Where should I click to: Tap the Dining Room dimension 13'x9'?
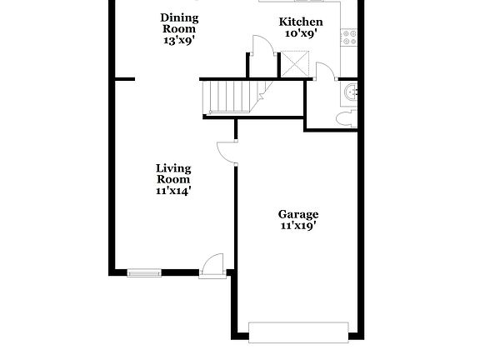[179, 39]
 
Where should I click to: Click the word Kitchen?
[300, 22]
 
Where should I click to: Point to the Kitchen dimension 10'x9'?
[300, 34]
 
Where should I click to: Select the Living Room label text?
[173, 173]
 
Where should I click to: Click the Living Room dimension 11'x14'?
[173, 190]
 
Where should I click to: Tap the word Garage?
[298, 214]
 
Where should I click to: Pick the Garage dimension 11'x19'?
[298, 226]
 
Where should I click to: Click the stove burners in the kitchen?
[349, 37]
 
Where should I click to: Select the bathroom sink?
[352, 92]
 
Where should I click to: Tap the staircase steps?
[229, 97]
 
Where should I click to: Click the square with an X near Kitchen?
[295, 64]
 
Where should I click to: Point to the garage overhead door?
[298, 332]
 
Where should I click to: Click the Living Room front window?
[143, 271]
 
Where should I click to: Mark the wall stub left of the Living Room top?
[122, 79]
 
